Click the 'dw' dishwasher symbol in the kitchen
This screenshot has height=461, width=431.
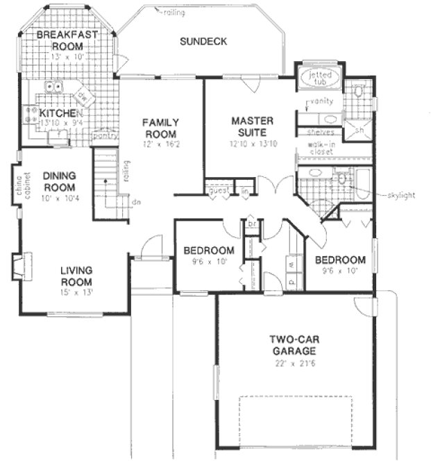coord(82,95)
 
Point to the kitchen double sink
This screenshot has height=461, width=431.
coord(53,87)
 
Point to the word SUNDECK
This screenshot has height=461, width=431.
coord(203,41)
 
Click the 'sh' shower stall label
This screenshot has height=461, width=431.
coord(360,130)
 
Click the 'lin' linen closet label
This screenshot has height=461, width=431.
coord(245,189)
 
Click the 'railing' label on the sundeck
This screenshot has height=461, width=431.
coord(174,12)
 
